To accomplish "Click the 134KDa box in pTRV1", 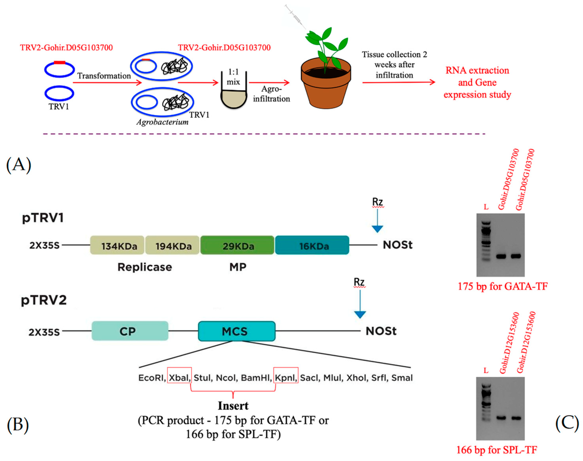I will pos(117,245).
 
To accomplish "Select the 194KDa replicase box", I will pos(172,245).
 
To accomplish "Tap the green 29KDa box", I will pos(237,245).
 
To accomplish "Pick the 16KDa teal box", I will pos(312,245).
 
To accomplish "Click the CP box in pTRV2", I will pos(130,331).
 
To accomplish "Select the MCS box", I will pos(236,331).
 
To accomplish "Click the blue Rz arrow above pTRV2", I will pos(360,305).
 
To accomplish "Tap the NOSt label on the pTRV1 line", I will pos(397,245).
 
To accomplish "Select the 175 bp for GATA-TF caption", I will pos(503,286).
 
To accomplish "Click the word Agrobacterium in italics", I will pos(162,122).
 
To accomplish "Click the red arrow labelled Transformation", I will pos(107,83).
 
